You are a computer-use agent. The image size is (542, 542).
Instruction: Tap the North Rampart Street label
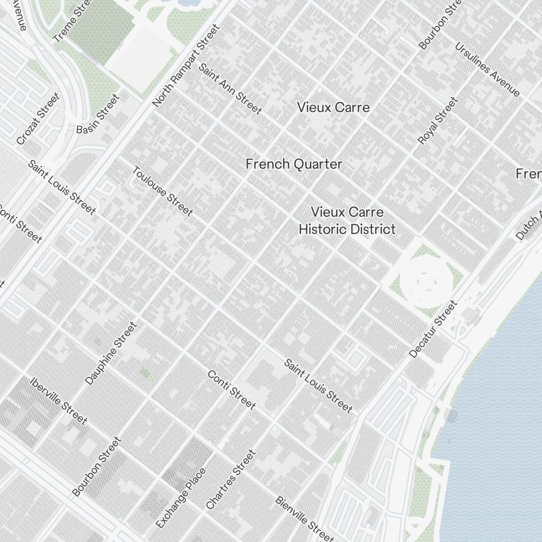(x=186, y=66)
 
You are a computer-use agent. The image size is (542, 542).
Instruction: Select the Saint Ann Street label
(x=230, y=89)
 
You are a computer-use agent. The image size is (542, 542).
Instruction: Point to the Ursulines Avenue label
(x=487, y=69)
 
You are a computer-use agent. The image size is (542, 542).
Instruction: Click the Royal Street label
(x=438, y=121)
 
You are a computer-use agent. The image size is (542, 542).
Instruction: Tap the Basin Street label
(x=98, y=115)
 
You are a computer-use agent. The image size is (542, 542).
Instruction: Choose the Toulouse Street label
(x=162, y=191)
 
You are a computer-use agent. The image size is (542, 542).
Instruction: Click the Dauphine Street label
(x=111, y=353)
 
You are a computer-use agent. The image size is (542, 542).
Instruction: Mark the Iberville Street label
(x=59, y=401)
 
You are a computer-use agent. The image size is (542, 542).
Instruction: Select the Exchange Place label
(x=181, y=498)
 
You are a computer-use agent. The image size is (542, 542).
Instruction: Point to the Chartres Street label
(x=230, y=480)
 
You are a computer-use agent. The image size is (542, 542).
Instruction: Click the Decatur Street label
(x=433, y=330)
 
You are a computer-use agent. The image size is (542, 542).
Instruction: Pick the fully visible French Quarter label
(x=294, y=164)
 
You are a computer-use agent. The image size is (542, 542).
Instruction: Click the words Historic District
(x=347, y=229)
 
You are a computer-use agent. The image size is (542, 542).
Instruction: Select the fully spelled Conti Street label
(x=231, y=390)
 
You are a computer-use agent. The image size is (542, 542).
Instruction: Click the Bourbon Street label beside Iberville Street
(x=96, y=467)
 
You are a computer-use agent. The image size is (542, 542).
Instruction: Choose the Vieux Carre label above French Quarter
(x=333, y=107)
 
